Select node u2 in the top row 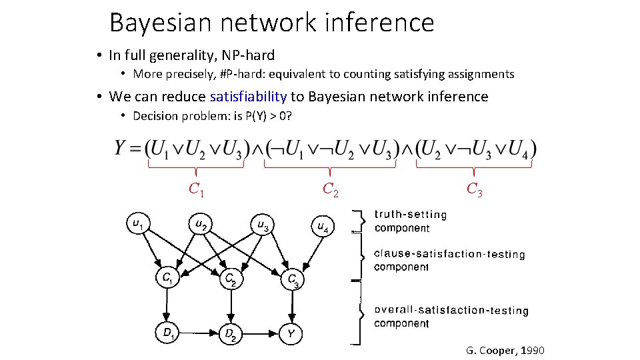coord(199,225)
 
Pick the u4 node coord(323,227)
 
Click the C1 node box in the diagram coord(168,278)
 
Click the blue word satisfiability coord(248,97)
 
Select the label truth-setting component coord(410,221)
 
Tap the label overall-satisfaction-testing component coord(451,317)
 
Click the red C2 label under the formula coord(331,189)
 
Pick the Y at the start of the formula coord(121,148)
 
